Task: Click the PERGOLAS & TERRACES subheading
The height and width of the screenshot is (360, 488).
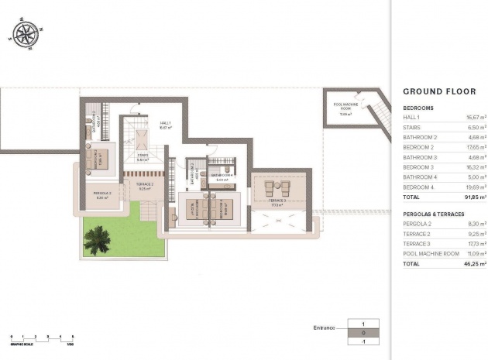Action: click(436, 212)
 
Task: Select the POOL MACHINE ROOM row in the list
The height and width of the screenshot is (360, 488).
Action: click(431, 253)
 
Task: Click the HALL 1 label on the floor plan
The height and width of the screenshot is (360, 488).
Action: click(165, 125)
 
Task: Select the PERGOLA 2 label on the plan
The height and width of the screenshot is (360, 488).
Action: click(103, 194)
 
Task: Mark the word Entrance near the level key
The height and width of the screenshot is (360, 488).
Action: click(324, 327)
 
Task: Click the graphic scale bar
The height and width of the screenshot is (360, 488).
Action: click(43, 336)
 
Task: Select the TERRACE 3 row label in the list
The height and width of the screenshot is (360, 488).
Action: click(416, 243)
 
